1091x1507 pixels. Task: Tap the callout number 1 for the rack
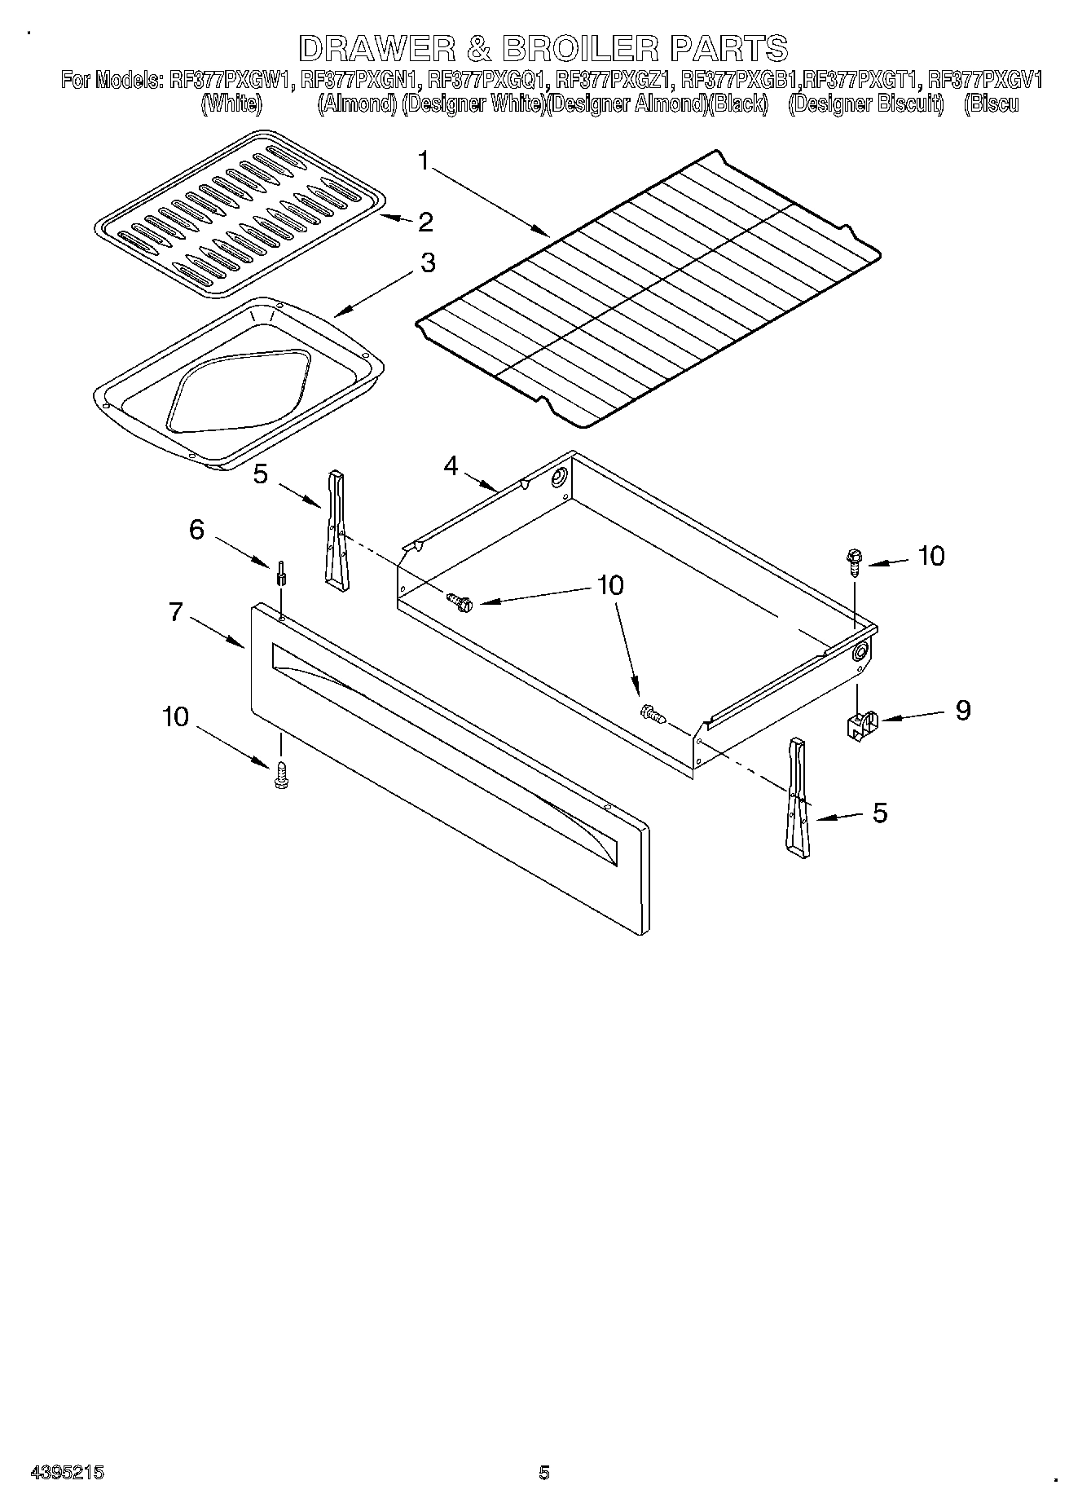(424, 161)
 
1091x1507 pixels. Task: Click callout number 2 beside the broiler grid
(425, 222)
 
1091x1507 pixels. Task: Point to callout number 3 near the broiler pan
(427, 263)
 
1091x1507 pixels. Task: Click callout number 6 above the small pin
(196, 530)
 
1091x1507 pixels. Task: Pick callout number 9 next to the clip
(962, 710)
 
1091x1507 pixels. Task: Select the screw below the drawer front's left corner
(281, 774)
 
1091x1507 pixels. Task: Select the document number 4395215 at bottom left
(67, 1472)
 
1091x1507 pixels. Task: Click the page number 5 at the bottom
(544, 1472)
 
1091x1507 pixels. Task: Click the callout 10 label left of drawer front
(175, 717)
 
